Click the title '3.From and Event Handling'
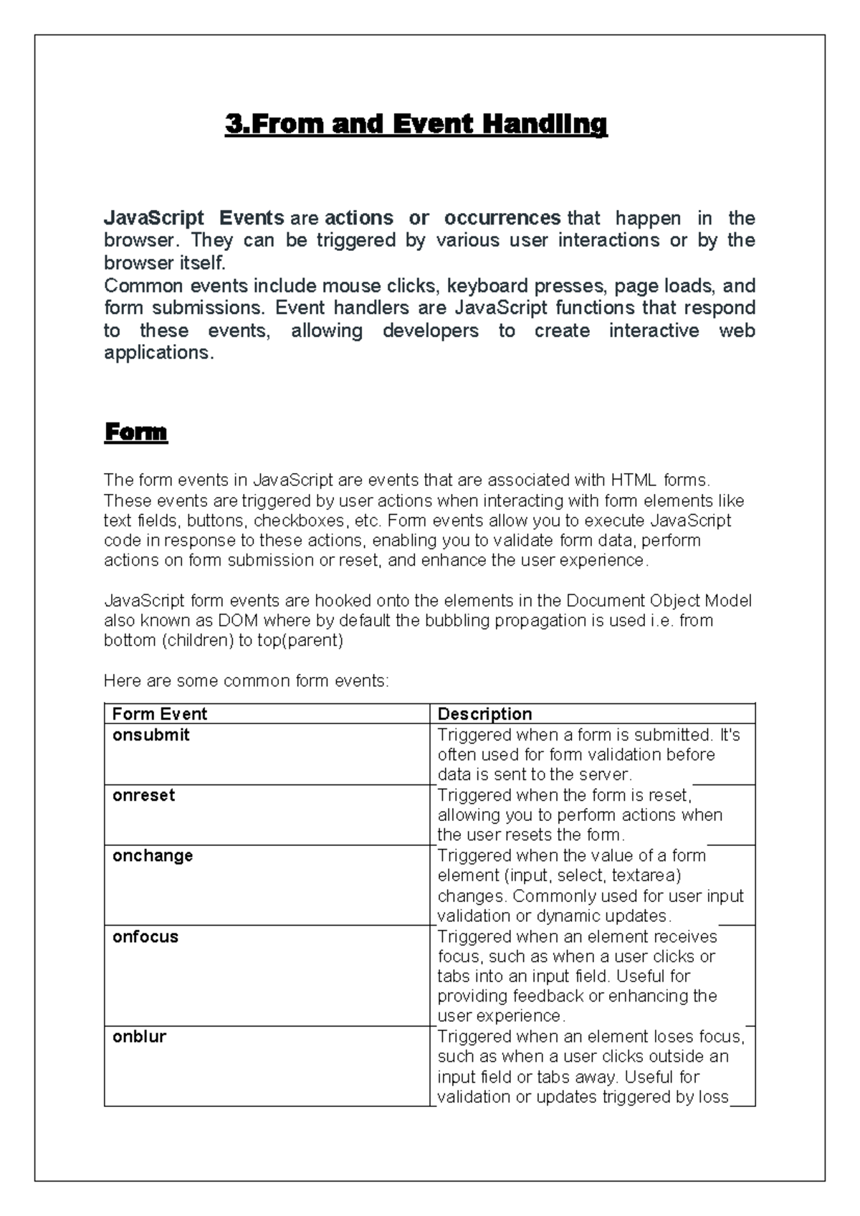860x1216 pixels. [416, 125]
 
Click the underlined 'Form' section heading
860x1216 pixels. [135, 432]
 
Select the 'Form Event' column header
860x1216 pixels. [159, 714]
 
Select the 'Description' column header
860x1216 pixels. [484, 714]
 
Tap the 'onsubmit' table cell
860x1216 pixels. [151, 735]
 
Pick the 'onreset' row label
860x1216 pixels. [143, 795]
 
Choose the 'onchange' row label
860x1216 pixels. [153, 855]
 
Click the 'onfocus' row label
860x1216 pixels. [145, 936]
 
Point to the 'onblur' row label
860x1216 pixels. [139, 1037]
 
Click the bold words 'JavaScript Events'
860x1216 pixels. [193, 218]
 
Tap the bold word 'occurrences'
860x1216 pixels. [502, 218]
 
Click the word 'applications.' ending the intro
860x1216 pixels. [158, 353]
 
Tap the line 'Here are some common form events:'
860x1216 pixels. [247, 680]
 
